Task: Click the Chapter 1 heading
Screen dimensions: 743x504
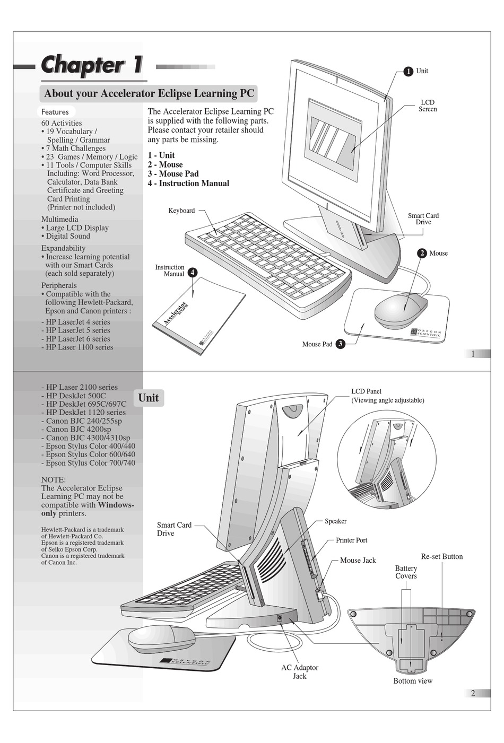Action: [x=92, y=65]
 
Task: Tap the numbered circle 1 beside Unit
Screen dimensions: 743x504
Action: [x=408, y=71]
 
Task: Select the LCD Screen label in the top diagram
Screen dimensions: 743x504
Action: [x=428, y=106]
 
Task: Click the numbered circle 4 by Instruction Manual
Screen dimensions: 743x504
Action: [x=193, y=273]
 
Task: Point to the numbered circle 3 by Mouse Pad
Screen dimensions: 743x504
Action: [x=340, y=344]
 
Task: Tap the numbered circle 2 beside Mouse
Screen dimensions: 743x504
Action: [x=422, y=253]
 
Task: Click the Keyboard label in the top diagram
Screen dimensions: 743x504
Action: [x=181, y=211]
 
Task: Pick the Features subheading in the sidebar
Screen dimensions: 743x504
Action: [x=55, y=112]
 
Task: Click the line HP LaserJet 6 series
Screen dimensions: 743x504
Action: [x=78, y=339]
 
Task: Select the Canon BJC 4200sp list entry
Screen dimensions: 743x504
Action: [x=79, y=430]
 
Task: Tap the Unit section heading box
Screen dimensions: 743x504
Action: [x=149, y=398]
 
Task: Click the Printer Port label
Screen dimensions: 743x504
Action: [x=351, y=540]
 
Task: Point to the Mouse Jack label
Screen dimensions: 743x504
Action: [x=358, y=561]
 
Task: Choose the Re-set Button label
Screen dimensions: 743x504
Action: [x=441, y=557]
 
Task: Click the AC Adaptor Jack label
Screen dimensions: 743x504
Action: [x=300, y=672]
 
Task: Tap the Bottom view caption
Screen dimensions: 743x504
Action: [x=413, y=681]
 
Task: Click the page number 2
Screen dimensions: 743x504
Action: [x=473, y=693]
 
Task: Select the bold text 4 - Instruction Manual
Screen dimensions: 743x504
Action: [x=188, y=183]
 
